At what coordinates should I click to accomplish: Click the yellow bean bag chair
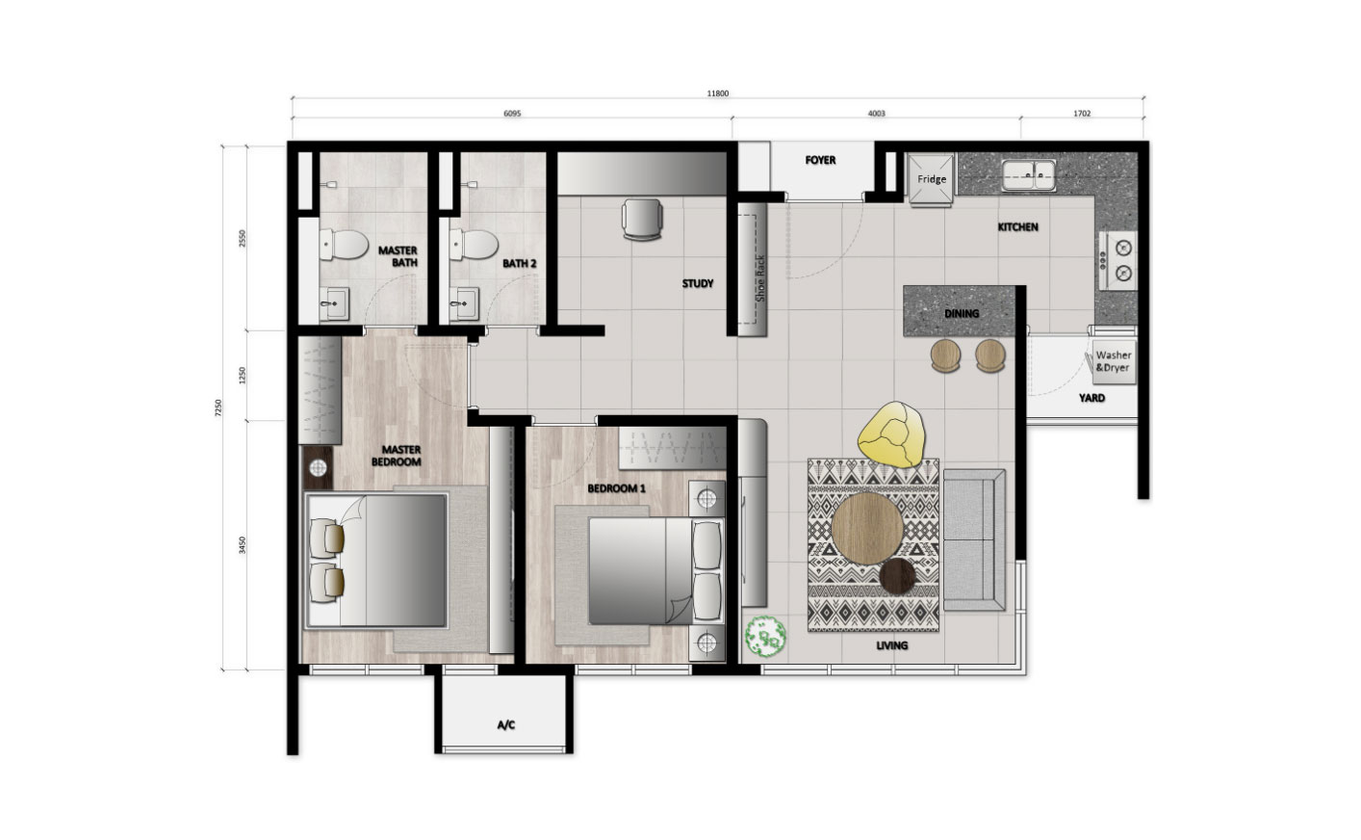(892, 434)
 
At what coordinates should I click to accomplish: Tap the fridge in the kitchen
(930, 179)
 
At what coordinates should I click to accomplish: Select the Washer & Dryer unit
(1114, 361)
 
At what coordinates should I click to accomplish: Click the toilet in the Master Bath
(344, 244)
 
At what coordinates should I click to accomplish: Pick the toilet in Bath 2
(474, 244)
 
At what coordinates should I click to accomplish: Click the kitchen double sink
(1029, 175)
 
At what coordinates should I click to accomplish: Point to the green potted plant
(765, 636)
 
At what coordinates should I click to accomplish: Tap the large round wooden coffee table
(867, 528)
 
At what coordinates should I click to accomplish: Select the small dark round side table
(897, 576)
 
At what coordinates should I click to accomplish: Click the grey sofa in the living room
(974, 539)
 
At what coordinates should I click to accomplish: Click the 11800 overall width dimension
(718, 93)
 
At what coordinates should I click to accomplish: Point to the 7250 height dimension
(218, 407)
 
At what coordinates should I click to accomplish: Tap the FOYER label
(820, 160)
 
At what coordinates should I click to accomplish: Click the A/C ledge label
(506, 725)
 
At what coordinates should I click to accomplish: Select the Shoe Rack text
(760, 278)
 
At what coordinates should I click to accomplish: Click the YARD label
(1091, 398)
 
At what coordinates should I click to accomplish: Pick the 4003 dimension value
(876, 113)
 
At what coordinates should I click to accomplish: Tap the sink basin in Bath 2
(464, 302)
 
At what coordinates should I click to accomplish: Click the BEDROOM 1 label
(616, 488)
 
